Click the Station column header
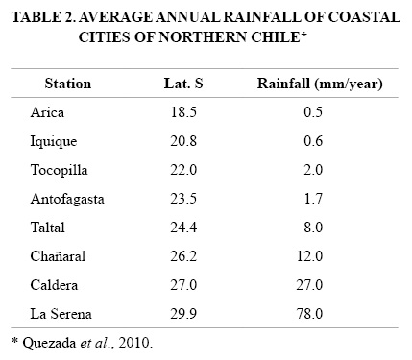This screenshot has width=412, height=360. [x=68, y=84]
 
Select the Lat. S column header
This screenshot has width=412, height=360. [x=183, y=84]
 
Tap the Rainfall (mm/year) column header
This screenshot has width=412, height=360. [x=320, y=84]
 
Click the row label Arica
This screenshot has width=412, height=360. [x=47, y=112]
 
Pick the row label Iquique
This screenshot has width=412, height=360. [x=54, y=142]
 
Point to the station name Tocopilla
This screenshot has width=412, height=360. [x=59, y=170]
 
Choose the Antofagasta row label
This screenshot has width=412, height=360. [x=67, y=200]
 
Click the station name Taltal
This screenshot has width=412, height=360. [x=48, y=228]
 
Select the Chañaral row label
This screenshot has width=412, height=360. [x=58, y=256]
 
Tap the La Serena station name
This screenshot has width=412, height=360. [x=61, y=314]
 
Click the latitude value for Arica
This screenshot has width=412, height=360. [x=183, y=112]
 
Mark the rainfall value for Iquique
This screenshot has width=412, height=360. [x=313, y=141]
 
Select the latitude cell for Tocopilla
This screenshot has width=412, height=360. [x=183, y=170]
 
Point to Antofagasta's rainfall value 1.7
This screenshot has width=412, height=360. [x=313, y=199]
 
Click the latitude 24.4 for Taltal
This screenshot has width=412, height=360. [x=183, y=228]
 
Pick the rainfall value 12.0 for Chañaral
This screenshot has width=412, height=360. [x=309, y=256]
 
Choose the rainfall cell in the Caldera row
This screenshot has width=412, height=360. [x=309, y=285]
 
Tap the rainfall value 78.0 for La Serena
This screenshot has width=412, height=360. [x=309, y=314]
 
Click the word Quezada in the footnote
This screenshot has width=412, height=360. [x=49, y=344]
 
